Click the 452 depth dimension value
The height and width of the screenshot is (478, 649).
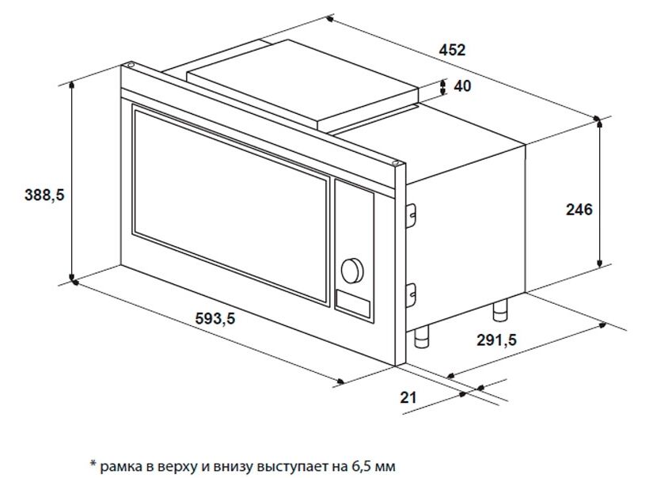452,50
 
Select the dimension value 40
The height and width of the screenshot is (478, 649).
462,86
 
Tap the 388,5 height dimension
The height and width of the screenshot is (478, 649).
44,195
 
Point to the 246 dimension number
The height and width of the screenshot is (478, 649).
579,210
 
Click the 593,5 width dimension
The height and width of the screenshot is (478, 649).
214,318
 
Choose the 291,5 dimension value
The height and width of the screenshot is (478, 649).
497,340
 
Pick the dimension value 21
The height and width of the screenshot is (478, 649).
408,397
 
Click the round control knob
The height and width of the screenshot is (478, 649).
352,271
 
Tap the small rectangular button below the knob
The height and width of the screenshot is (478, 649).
353,303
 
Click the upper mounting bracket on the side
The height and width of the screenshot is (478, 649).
411,214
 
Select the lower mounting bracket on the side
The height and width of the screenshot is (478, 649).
411,295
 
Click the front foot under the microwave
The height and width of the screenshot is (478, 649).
422,338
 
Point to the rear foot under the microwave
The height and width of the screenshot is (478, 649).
500,310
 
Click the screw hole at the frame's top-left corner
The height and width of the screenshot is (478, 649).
130,65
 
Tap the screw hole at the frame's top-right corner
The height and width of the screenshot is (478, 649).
396,163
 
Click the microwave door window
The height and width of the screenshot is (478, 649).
231,205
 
